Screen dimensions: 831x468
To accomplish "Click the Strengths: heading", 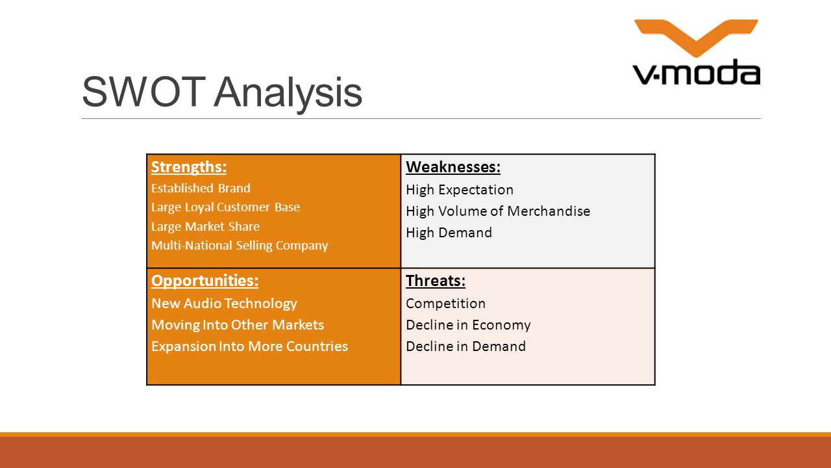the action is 189,167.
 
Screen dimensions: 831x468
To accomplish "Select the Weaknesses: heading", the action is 453,167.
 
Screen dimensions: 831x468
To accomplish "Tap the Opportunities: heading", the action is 205,281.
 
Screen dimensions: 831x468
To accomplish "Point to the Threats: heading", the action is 436,281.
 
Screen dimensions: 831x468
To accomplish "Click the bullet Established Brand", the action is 201,188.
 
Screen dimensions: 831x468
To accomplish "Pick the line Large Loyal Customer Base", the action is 225,207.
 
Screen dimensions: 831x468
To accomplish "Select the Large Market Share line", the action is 206,227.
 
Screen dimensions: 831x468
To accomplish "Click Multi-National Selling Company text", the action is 240,246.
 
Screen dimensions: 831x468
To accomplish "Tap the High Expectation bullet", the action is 460,190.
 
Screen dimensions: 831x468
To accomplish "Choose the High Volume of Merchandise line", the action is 498,211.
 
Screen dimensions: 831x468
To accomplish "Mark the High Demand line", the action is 449,233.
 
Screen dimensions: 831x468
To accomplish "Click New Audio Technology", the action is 224,304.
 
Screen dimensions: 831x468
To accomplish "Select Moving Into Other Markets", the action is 238,325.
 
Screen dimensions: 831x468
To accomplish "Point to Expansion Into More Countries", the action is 250,346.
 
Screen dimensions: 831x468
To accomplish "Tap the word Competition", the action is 445,304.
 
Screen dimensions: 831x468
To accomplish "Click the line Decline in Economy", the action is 468,326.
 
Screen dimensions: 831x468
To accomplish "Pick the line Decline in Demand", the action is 465,346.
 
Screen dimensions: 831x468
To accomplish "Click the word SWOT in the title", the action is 143,92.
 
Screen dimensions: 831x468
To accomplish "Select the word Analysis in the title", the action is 288,93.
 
